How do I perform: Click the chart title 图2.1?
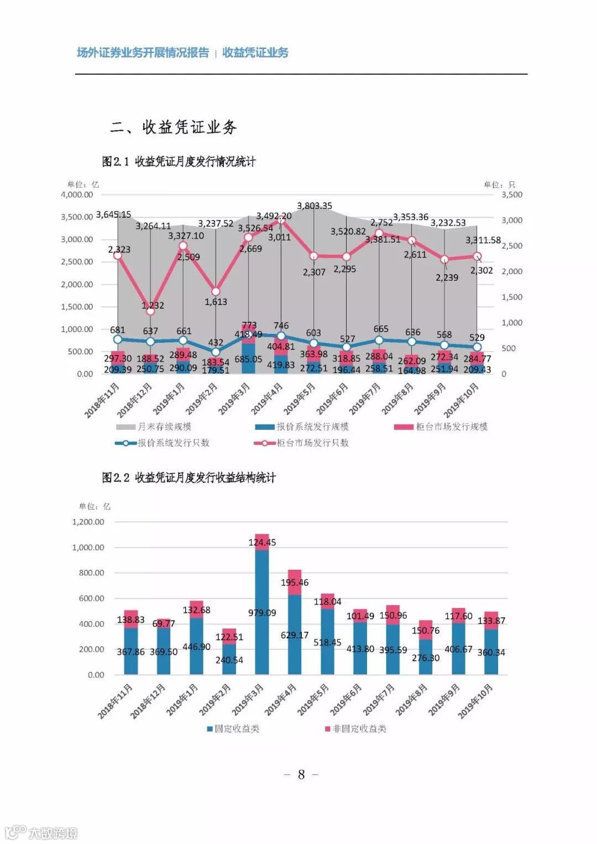coord(179,161)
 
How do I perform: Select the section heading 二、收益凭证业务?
coord(173,127)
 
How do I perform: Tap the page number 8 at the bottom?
coord(301,774)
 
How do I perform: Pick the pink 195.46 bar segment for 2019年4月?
coord(295,582)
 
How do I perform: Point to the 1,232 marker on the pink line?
coord(150,311)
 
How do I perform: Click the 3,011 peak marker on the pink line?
coord(281,221)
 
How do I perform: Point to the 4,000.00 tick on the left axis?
coord(77,195)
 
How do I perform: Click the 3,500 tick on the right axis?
coord(511,195)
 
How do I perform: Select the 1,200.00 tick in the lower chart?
coord(88,522)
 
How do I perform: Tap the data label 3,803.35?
coord(315,206)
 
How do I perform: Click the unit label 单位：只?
coord(499,185)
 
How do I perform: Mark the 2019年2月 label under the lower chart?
coord(215,699)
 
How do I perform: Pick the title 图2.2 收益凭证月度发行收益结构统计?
coord(188,478)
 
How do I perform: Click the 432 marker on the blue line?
coord(216,352)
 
